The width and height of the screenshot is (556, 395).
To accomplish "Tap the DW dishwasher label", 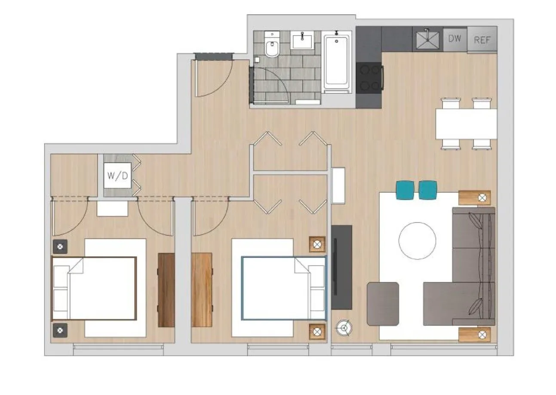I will click(x=455, y=39).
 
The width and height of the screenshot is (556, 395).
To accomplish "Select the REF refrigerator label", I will click(x=482, y=40).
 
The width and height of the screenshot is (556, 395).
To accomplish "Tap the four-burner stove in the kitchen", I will click(x=369, y=77).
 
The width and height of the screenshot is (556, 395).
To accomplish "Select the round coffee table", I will click(x=417, y=241).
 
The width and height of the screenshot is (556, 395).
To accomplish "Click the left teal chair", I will click(x=405, y=190).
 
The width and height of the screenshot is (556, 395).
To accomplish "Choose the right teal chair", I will click(x=427, y=190).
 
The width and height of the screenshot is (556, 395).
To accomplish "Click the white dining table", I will click(x=466, y=124).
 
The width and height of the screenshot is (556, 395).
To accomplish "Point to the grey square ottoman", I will click(x=383, y=304).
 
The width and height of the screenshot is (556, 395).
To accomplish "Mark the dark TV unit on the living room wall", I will click(x=342, y=267).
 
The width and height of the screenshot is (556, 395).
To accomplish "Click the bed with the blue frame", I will click(x=283, y=288).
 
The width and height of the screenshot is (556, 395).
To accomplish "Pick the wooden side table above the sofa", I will click(x=474, y=198).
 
